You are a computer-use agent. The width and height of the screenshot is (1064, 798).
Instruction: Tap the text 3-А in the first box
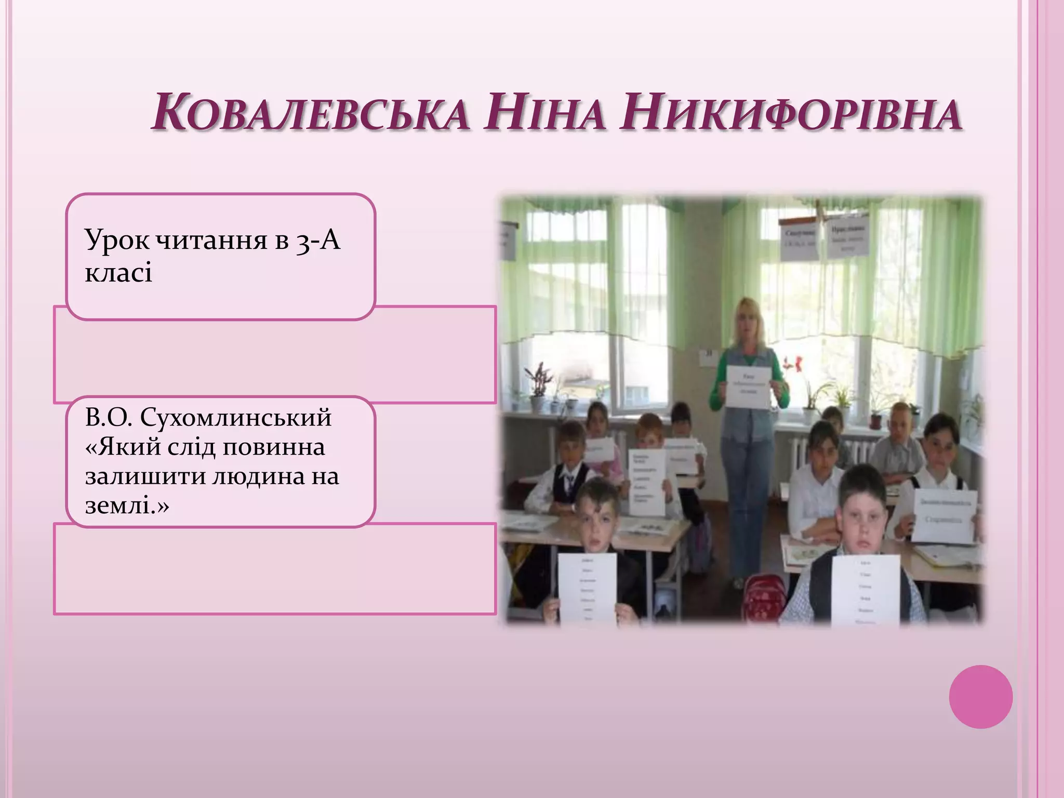pyautogui.click(x=318, y=241)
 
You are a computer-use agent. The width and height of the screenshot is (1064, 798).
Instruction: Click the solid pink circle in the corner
pyautogui.click(x=980, y=696)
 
